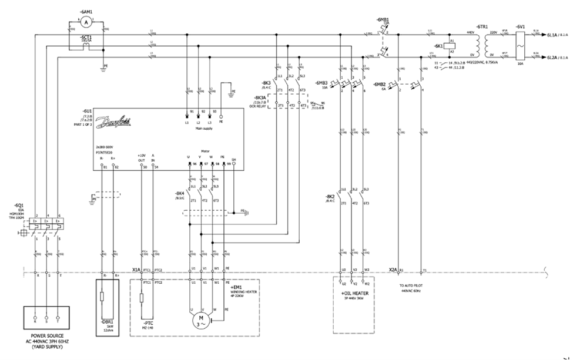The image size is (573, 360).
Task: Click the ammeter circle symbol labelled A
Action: [x=86, y=22]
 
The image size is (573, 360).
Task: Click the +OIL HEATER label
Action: [x=355, y=292]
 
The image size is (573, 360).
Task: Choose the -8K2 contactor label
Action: [x=330, y=195]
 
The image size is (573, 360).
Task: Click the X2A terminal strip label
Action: [x=393, y=270]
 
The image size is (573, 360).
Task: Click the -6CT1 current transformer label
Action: [x=86, y=36]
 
